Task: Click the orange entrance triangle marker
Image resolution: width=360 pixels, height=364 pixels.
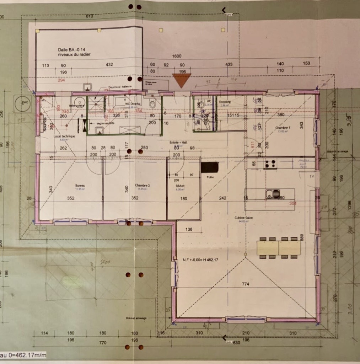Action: click(182, 80)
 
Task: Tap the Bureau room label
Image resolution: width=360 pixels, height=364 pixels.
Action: click(78, 185)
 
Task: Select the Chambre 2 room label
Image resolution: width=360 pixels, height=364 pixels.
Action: click(141, 185)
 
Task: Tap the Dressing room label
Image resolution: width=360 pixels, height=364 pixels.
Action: click(225, 102)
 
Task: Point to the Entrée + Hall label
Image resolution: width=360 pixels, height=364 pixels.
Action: click(178, 143)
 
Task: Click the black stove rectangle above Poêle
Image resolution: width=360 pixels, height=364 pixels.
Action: click(209, 167)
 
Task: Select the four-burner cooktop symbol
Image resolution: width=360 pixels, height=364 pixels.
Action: click(270, 164)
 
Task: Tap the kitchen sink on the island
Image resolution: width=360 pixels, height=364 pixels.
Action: click(273, 194)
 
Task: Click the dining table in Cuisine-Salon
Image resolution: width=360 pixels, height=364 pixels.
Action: click(279, 248)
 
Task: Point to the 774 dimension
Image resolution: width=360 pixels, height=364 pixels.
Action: click(246, 284)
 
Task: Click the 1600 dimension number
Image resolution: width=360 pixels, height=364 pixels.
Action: click(177, 56)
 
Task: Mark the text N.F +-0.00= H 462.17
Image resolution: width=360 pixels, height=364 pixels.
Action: click(200, 260)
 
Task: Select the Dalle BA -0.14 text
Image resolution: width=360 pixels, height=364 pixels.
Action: click(73, 49)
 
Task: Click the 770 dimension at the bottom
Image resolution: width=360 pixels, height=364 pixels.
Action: click(103, 343)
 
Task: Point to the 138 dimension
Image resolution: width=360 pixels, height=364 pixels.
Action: click(189, 230)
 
